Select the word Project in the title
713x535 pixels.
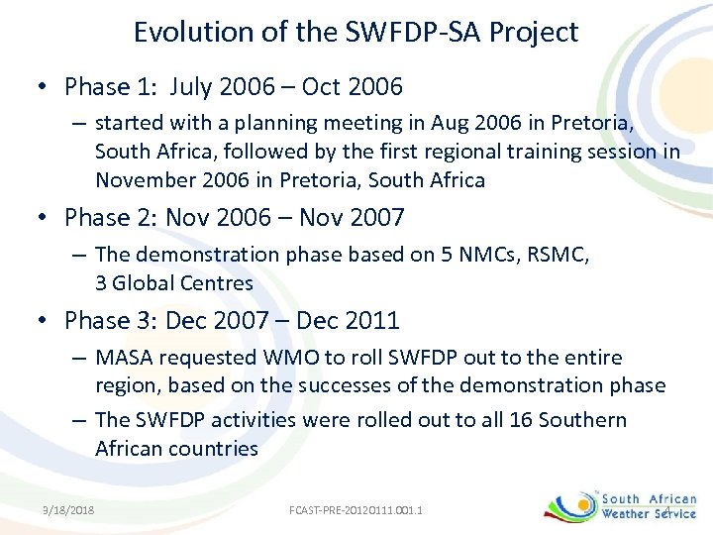[x=535, y=33]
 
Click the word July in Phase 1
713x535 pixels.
[x=195, y=87]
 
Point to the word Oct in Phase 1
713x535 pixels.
[x=322, y=87]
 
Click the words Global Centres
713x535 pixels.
[x=183, y=283]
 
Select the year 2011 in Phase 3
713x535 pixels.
[x=371, y=320]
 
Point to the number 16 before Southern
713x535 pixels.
[x=522, y=420]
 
